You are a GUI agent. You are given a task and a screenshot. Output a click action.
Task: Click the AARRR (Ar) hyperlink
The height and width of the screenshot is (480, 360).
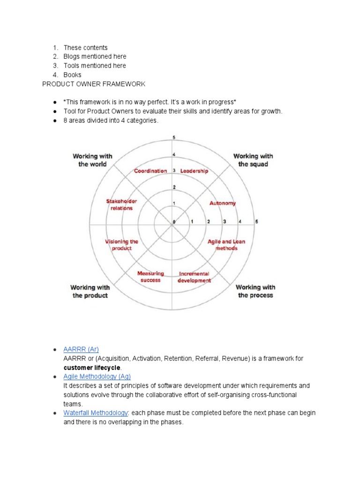point(81,349)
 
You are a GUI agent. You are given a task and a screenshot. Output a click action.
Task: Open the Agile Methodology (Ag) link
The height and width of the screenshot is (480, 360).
point(97,376)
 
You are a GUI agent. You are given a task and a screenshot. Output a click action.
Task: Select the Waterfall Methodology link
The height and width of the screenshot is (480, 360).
point(96,412)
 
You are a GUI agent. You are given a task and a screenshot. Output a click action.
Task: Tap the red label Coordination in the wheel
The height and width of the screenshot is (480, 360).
point(150,171)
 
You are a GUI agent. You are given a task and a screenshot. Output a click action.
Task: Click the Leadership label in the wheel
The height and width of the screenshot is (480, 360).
point(194,171)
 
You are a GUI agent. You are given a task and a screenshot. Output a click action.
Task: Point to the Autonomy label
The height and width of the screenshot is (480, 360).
point(222,203)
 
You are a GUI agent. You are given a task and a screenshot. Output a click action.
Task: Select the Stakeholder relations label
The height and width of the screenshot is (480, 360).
point(121,205)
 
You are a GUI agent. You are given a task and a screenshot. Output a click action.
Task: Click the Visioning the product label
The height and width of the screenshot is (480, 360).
point(121,245)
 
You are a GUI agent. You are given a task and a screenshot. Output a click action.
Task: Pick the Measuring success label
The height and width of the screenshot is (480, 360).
point(150,277)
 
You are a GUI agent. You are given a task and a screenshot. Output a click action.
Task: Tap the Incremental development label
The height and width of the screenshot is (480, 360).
point(194,277)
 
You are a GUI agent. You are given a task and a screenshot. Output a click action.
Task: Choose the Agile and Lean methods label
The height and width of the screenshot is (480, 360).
point(226,245)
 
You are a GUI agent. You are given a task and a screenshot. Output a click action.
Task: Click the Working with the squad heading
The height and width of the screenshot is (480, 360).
point(253,160)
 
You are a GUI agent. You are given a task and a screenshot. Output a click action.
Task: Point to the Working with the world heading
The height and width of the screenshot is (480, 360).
point(92,160)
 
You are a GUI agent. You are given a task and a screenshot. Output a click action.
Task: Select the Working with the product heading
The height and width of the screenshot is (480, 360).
point(90,291)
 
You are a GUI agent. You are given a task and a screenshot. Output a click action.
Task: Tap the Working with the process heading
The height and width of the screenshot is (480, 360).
point(255,291)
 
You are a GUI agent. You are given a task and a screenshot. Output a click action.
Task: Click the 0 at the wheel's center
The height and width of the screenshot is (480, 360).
point(174,221)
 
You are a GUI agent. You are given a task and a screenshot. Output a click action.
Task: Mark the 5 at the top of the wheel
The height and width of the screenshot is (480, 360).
point(174,137)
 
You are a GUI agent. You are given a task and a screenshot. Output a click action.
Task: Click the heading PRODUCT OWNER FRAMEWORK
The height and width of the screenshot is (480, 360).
point(94,84)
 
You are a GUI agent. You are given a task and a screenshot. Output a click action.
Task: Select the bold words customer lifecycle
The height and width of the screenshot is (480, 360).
point(92,367)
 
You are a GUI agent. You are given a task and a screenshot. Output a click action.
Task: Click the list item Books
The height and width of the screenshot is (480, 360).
point(72,75)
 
